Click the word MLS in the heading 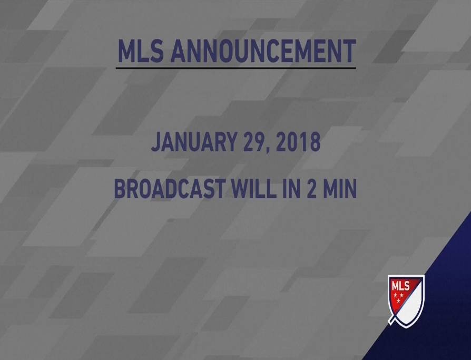[x=141, y=51]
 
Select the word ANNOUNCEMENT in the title [x=263, y=51]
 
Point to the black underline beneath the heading [x=236, y=68]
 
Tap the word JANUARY [x=194, y=142]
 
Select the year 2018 [x=298, y=142]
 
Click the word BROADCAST [x=170, y=188]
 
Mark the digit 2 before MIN [x=311, y=188]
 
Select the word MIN [x=339, y=188]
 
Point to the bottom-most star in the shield [x=398, y=301]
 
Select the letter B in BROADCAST [x=120, y=188]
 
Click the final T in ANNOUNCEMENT [x=349, y=51]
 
